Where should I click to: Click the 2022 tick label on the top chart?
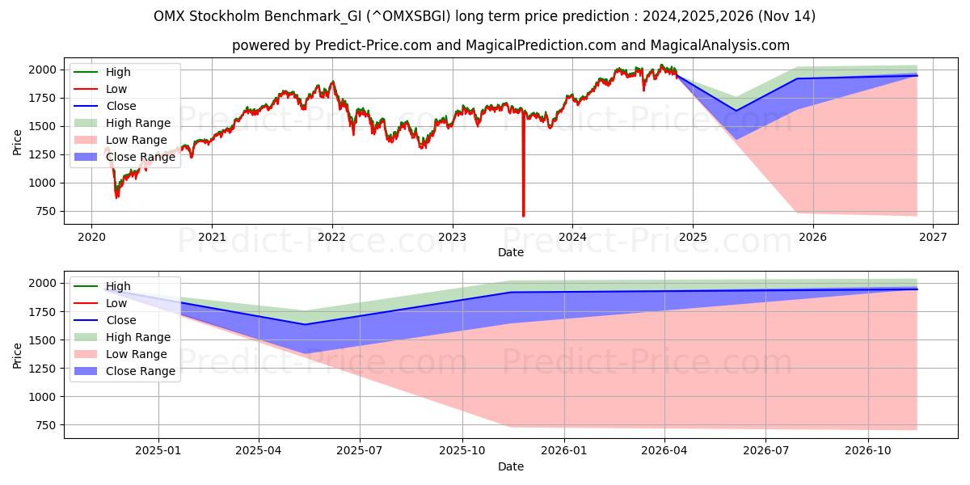(x=331, y=237)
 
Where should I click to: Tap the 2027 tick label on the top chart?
(x=933, y=237)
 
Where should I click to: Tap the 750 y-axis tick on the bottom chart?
(x=45, y=425)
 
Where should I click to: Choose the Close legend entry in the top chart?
(x=120, y=106)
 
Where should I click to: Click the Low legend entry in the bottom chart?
(x=116, y=303)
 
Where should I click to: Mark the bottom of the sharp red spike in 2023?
(x=523, y=215)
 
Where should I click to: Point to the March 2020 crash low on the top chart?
(x=116, y=196)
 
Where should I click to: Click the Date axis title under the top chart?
(x=510, y=252)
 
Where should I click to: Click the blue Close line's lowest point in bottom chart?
(x=306, y=324)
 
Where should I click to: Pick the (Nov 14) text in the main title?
(x=785, y=16)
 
